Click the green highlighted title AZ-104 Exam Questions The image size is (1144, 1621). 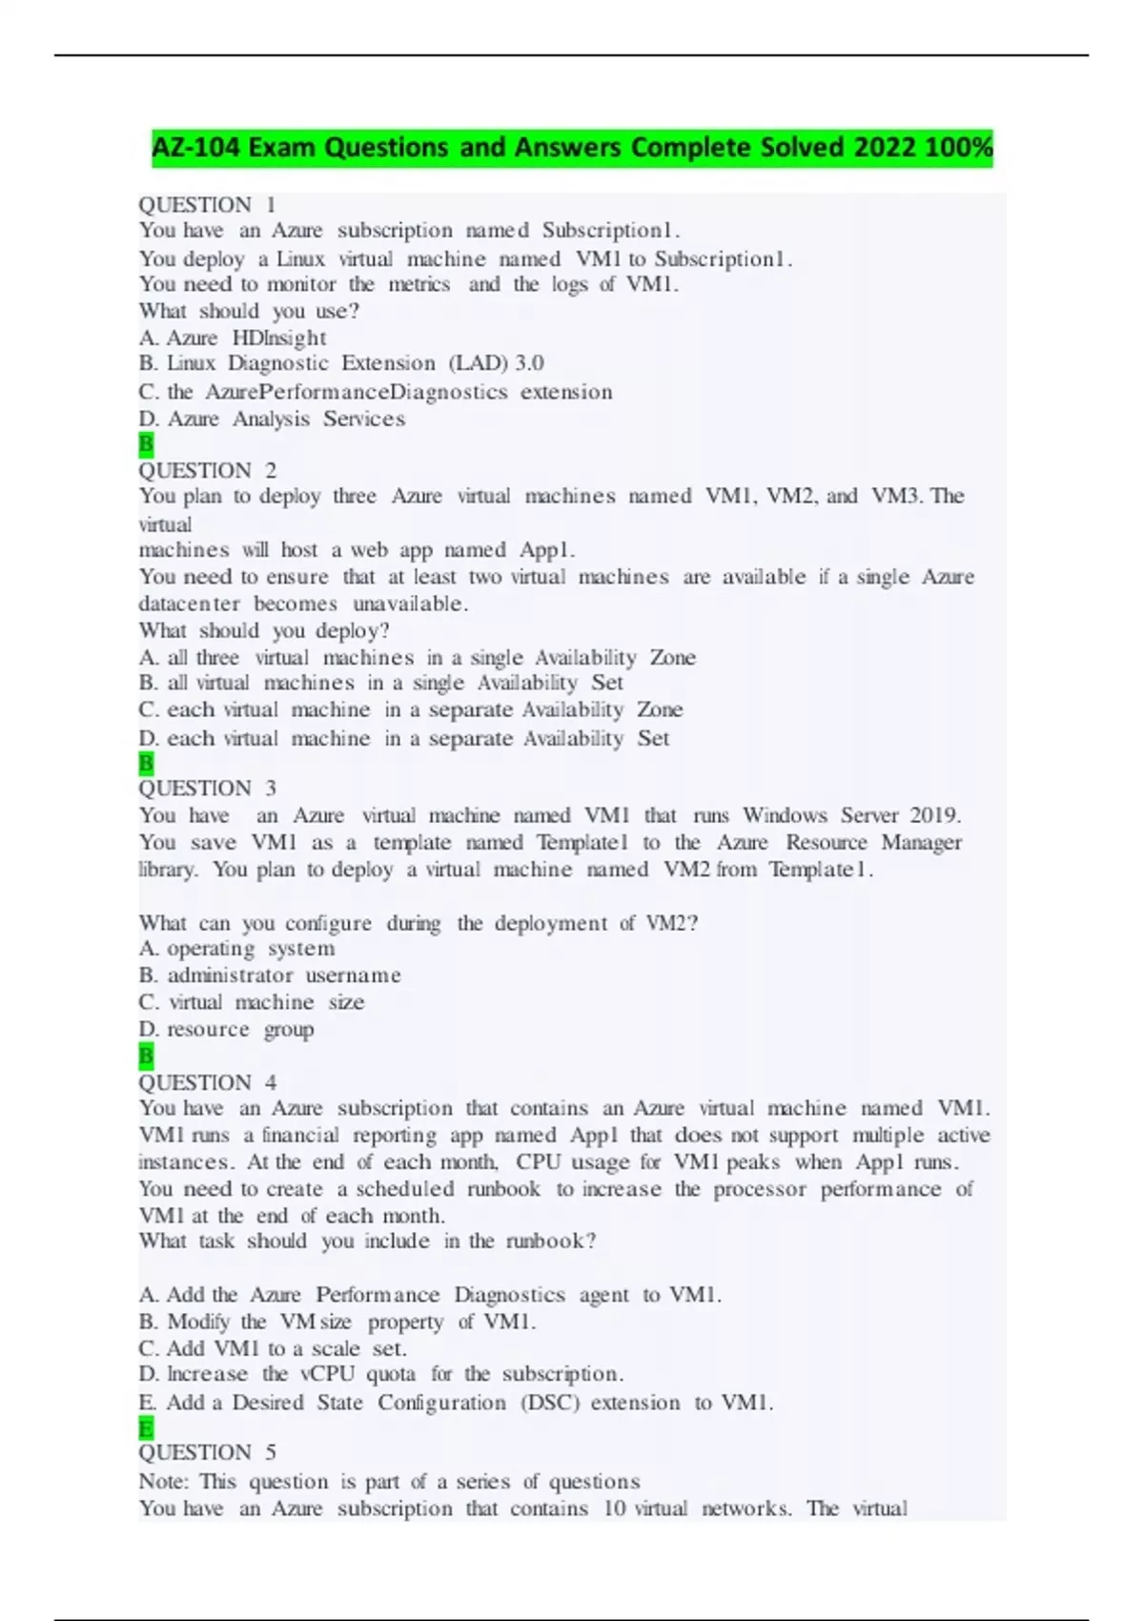(572, 148)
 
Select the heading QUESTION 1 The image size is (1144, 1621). (207, 205)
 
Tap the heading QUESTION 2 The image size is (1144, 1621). (207, 470)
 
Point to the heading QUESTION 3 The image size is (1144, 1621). (207, 789)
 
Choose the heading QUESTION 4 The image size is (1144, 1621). (207, 1082)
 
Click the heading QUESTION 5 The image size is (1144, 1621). (207, 1452)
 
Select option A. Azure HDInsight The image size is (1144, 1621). (233, 338)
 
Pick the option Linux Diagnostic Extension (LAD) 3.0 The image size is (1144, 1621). (341, 363)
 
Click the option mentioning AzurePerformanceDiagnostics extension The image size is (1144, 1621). (376, 392)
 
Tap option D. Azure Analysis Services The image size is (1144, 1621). (272, 419)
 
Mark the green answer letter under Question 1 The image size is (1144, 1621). (146, 444)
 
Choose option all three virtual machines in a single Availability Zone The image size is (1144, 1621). (417, 658)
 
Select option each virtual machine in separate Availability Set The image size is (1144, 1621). (403, 738)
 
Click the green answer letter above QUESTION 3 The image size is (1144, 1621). (146, 763)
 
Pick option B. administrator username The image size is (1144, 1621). (270, 975)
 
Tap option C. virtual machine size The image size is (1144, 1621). (252, 1002)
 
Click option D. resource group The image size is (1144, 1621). (226, 1029)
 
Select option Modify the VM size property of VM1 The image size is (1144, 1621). (337, 1322)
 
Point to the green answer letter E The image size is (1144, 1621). (146, 1428)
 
